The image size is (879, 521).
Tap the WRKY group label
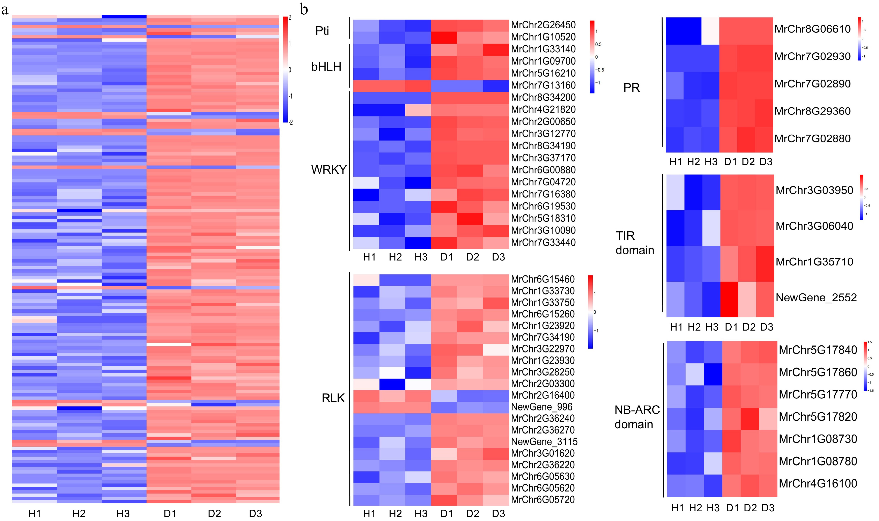click(329, 170)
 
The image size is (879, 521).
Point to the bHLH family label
click(326, 67)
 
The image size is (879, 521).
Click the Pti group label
click(322, 31)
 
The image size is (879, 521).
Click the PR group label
click(631, 88)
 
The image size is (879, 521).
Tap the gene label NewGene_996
click(541, 407)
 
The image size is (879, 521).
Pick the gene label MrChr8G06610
click(812, 29)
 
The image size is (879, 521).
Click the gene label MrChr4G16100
click(818, 483)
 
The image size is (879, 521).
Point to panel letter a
click(5, 10)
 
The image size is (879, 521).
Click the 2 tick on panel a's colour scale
click(290, 17)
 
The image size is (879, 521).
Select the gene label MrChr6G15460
click(542, 279)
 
